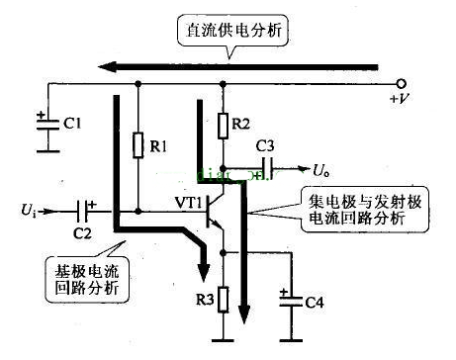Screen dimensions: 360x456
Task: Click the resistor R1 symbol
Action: (x=138, y=145)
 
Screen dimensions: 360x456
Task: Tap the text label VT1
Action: (x=188, y=204)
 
